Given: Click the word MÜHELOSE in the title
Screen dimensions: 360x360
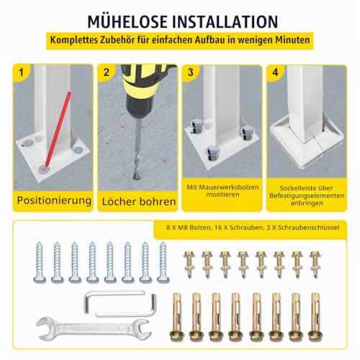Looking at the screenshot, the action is [127, 22].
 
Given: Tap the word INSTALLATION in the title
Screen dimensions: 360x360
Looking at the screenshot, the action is [225, 22].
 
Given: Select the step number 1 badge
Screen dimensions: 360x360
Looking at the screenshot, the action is [21, 72].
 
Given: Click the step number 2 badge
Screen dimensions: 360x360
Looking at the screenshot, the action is [106, 72].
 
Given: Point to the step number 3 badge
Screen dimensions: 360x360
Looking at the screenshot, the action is [191, 72].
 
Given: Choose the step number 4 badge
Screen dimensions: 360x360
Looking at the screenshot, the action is [275, 72].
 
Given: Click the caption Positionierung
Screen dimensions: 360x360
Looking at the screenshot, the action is [54, 200].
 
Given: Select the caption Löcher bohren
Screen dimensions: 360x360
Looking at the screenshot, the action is [139, 202].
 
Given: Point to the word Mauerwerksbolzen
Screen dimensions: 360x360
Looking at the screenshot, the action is [233, 187].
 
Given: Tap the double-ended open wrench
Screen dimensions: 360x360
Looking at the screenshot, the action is [94, 328].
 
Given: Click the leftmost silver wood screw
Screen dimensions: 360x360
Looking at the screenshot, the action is [40, 262].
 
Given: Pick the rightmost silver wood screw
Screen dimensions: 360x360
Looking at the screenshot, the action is [163, 262].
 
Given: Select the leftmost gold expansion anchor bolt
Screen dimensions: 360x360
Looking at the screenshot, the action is [176, 317].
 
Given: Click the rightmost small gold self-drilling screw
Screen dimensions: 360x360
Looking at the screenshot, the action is [315, 264].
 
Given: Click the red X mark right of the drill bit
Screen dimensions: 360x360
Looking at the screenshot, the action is [164, 161].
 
